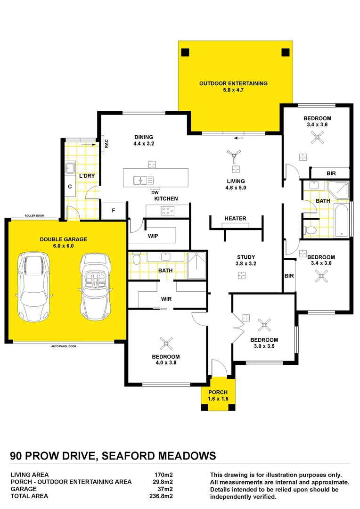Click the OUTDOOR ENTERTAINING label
pyautogui.click(x=233, y=83)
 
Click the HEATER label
pyautogui.click(x=235, y=219)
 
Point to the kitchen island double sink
pyautogui.click(x=143, y=180)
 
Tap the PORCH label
pyautogui.click(x=218, y=392)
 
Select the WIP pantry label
pyautogui.click(x=153, y=235)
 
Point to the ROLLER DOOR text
pyautogui.click(x=35, y=216)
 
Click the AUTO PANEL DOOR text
pyautogui.click(x=64, y=346)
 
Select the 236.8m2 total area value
pyautogui.click(x=161, y=496)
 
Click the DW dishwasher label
pyautogui.click(x=155, y=192)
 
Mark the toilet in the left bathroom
pyautogui.click(x=136, y=259)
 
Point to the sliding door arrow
pyautogui.click(x=241, y=139)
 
